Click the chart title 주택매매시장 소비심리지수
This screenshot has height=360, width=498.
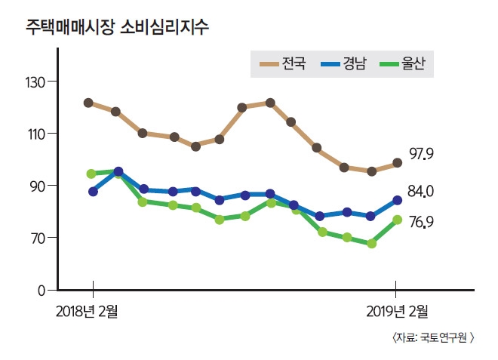tap(117, 27)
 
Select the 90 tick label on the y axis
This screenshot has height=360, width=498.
tap(38, 186)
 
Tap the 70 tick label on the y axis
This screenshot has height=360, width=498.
tap(38, 238)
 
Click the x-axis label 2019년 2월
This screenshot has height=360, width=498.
tap(396, 310)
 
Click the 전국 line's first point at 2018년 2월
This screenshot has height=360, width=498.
tap(88, 103)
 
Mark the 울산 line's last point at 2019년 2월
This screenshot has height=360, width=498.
tap(396, 220)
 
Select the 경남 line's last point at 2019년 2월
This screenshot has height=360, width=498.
tap(396, 200)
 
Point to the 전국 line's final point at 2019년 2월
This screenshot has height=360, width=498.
tap(397, 163)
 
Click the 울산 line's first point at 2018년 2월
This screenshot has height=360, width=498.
tap(91, 174)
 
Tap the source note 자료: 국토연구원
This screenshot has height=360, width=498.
tap(433, 338)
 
